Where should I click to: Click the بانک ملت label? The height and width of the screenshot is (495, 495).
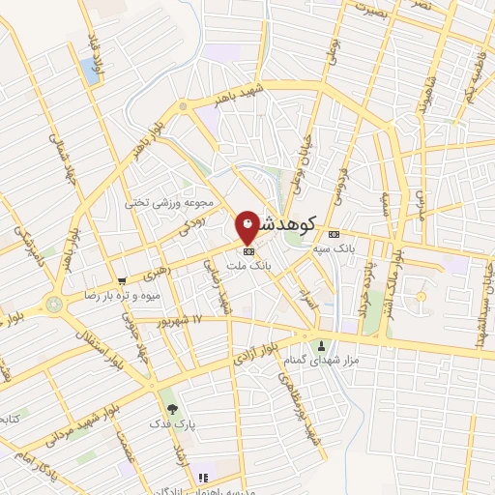[248, 264]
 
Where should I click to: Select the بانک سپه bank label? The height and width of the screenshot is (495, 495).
[334, 248]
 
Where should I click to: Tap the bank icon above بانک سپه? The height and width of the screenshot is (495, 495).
[334, 234]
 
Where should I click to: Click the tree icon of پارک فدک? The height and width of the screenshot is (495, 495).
[172, 408]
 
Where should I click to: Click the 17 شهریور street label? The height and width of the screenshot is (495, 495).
[182, 320]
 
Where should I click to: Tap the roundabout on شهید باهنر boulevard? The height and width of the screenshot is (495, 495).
[183, 105]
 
